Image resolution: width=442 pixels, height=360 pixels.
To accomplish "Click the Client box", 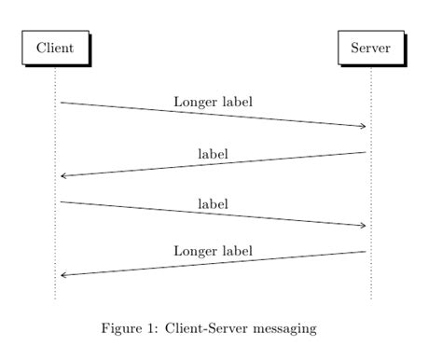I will coord(55,48).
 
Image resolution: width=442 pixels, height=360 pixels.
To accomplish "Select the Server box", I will coord(370,48).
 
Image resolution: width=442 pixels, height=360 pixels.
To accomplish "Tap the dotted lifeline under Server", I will coord(371,187).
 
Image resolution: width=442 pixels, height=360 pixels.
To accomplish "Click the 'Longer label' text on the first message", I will coord(213,101).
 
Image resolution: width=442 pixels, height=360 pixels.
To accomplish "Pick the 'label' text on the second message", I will coord(213,152).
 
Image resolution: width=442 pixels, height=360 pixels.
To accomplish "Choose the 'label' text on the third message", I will coord(213,202).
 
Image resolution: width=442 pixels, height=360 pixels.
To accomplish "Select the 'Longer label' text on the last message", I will coord(213,251).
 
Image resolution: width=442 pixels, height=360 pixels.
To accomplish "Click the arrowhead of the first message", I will coord(363,126).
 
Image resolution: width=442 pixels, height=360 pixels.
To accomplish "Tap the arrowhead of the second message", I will coord(63,175).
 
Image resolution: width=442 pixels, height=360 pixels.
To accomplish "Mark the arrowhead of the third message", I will coord(363,225).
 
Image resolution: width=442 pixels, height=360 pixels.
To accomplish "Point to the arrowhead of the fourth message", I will coord(63,275).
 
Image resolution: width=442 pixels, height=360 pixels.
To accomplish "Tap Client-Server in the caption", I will coord(210,328).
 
